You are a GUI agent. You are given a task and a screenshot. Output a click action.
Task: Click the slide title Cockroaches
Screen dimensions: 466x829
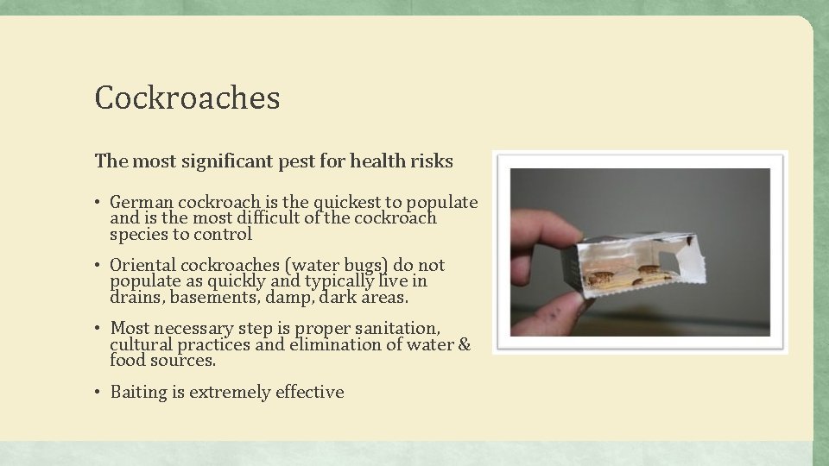point(187,98)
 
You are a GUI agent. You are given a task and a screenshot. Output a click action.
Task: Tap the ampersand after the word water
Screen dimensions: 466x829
point(464,344)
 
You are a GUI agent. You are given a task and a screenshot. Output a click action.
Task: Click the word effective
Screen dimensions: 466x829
point(309,392)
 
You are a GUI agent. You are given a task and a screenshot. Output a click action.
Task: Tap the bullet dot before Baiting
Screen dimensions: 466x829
point(99,393)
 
